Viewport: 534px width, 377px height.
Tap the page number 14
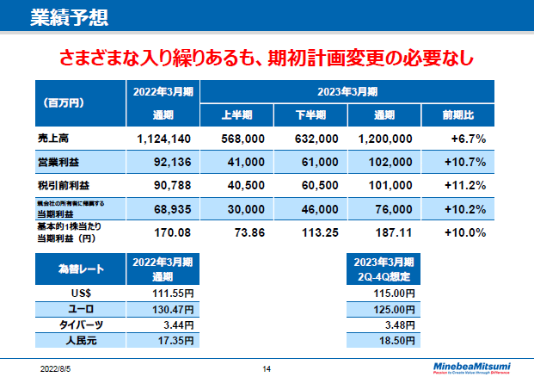[x=267, y=369]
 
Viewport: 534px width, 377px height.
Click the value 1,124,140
[x=163, y=138]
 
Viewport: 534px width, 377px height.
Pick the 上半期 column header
[x=236, y=114]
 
